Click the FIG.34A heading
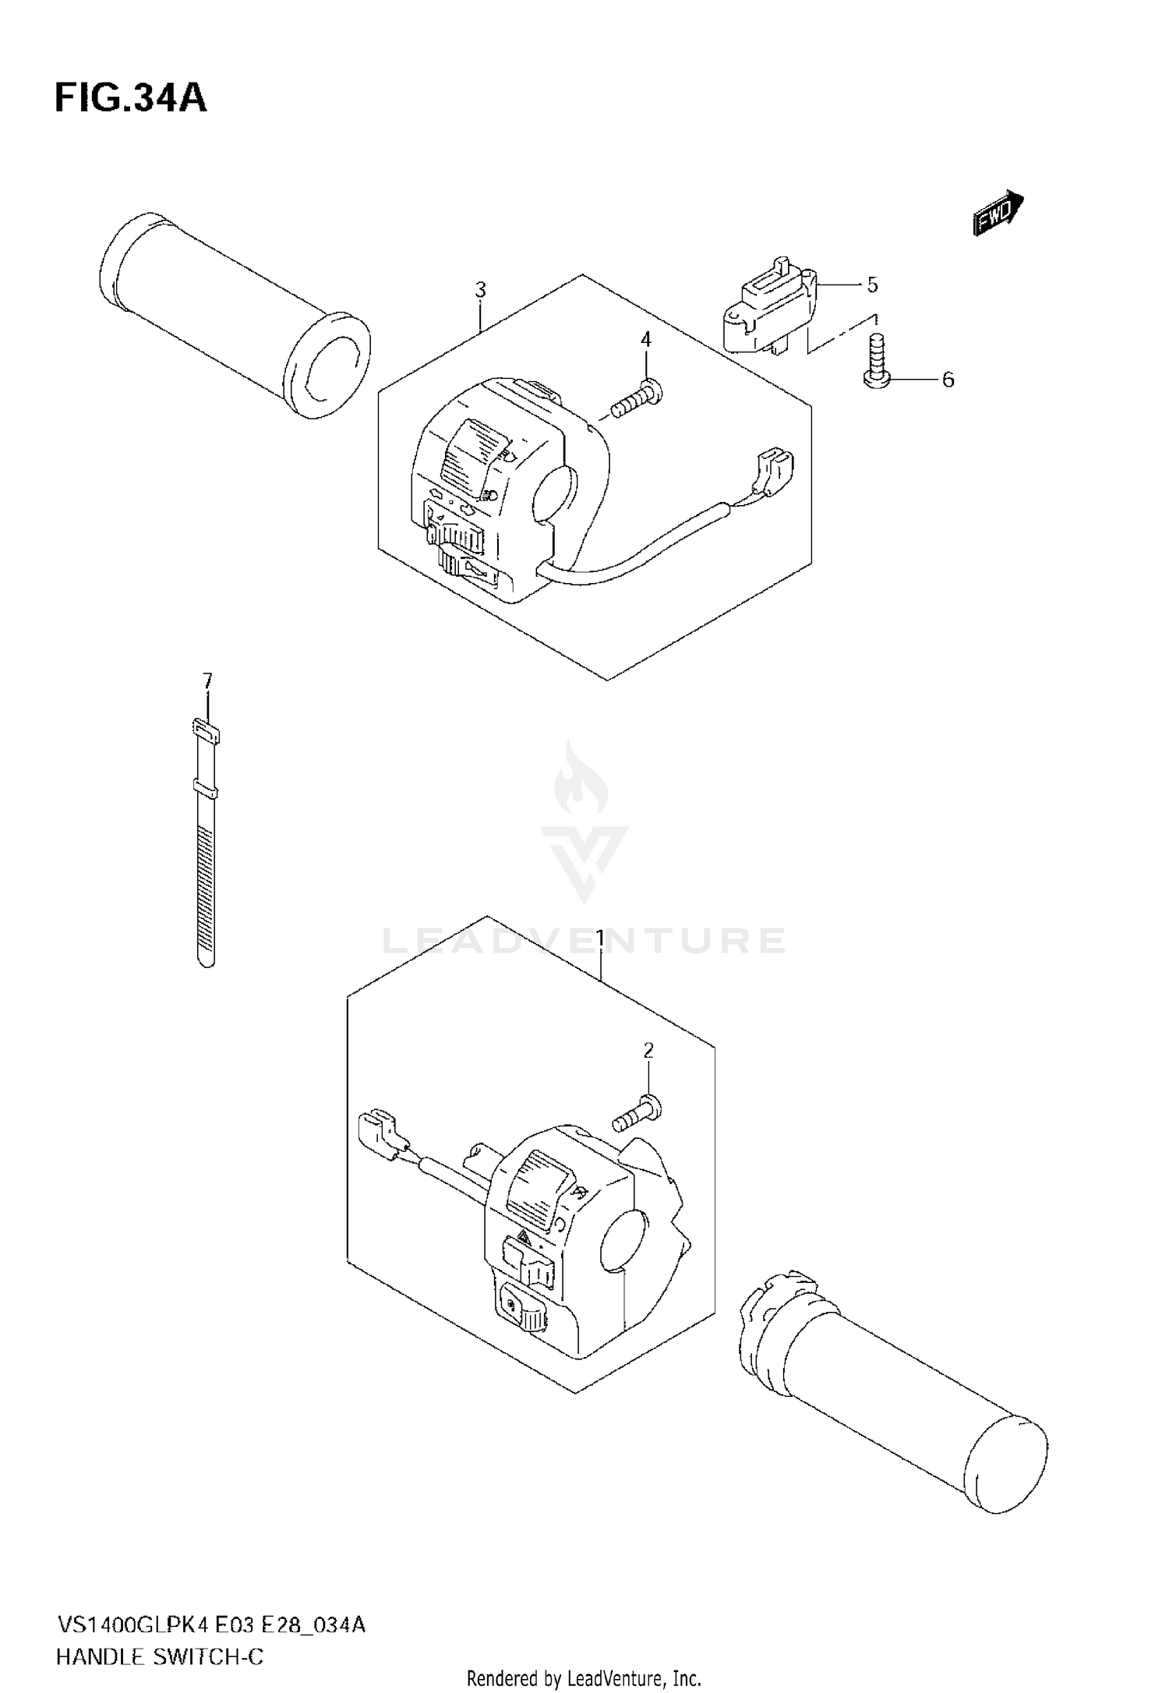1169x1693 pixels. tap(130, 98)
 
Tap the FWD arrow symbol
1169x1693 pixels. tap(998, 212)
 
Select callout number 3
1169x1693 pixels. tap(480, 290)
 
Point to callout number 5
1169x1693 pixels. tap(871, 285)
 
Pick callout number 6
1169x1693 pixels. tap(947, 380)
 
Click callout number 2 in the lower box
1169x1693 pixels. tap(648, 1051)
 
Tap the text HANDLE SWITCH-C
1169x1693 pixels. tap(159, 1657)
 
